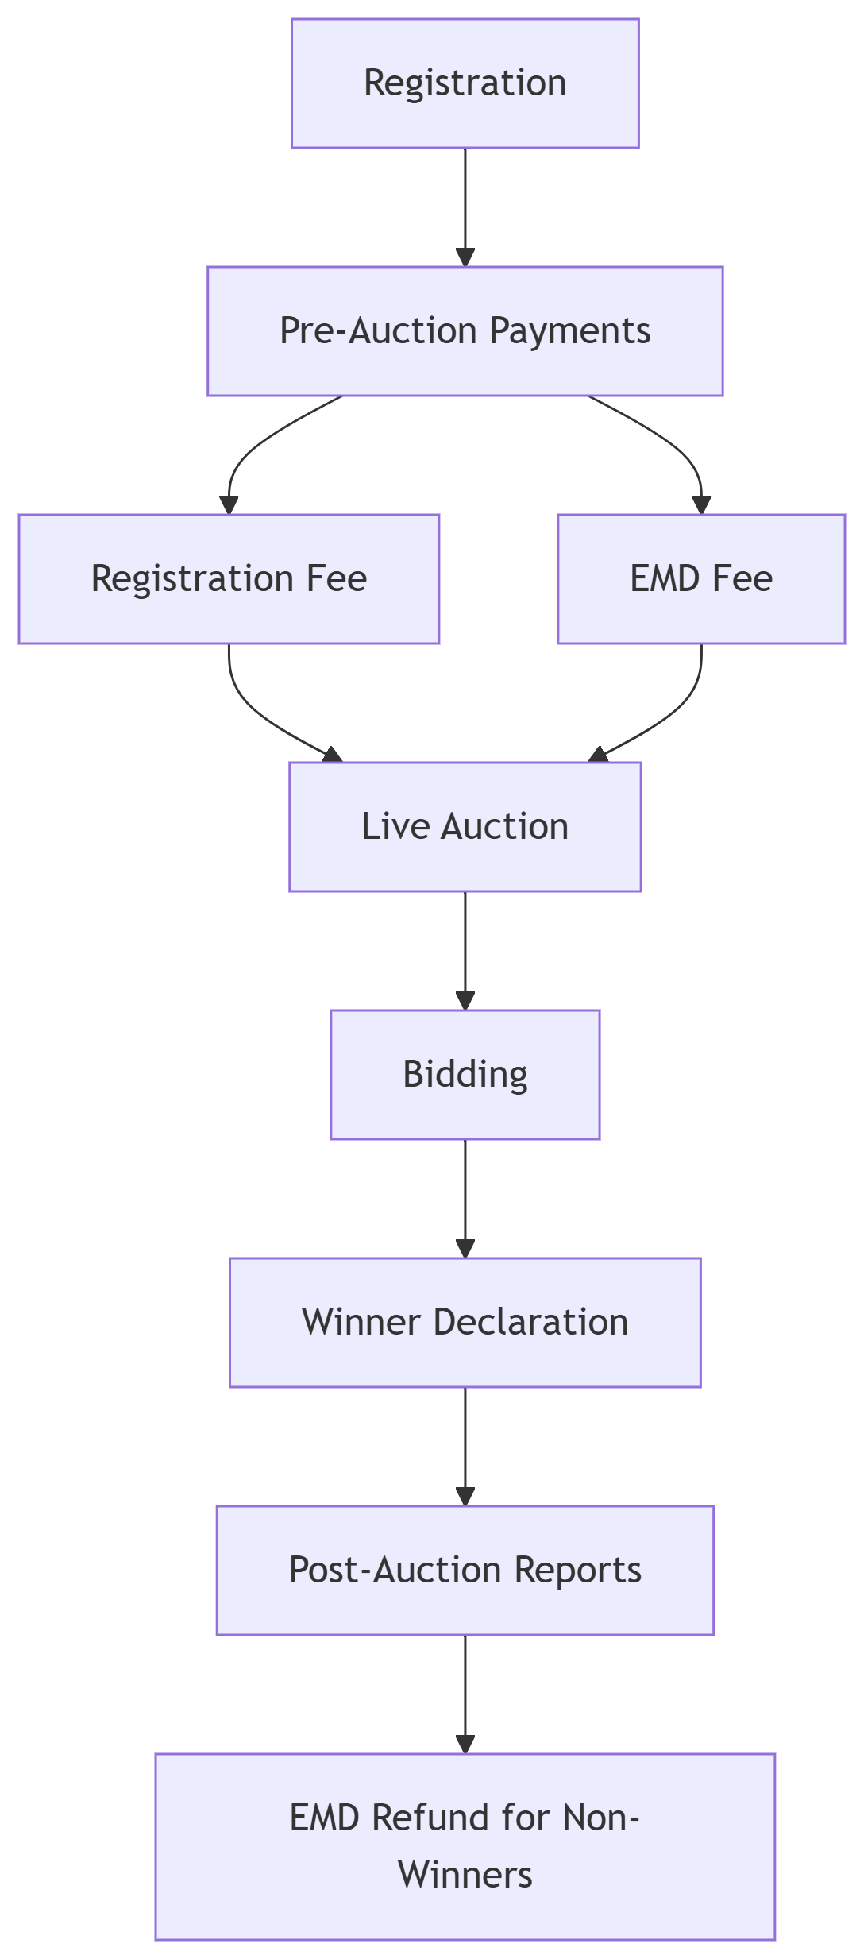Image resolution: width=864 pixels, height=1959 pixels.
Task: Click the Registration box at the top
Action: (x=465, y=83)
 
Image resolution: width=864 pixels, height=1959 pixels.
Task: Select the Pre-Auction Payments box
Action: (x=465, y=331)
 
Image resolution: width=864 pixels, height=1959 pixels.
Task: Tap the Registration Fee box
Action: (x=229, y=579)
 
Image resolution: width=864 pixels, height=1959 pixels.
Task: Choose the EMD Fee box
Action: (x=701, y=579)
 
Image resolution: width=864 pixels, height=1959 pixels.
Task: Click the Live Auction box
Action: (x=465, y=827)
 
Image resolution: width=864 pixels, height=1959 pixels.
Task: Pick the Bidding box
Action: (x=465, y=1075)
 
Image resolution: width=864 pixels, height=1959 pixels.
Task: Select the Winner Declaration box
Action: (x=465, y=1323)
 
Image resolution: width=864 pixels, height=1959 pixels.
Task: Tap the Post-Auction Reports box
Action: (x=465, y=1571)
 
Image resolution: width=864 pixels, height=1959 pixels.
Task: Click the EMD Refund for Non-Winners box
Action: (x=465, y=1847)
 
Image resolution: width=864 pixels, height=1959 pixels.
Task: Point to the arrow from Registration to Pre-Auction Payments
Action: (x=465, y=207)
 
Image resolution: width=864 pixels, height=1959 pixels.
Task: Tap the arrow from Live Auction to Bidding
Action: (x=465, y=951)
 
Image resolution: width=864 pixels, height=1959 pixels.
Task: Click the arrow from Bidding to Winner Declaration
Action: (x=465, y=1199)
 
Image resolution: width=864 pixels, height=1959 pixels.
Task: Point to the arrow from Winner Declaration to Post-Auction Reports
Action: (x=465, y=1447)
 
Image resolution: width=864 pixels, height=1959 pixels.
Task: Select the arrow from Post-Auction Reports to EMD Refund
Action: (x=465, y=1694)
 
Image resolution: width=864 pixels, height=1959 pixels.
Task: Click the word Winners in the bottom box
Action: (x=465, y=1876)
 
